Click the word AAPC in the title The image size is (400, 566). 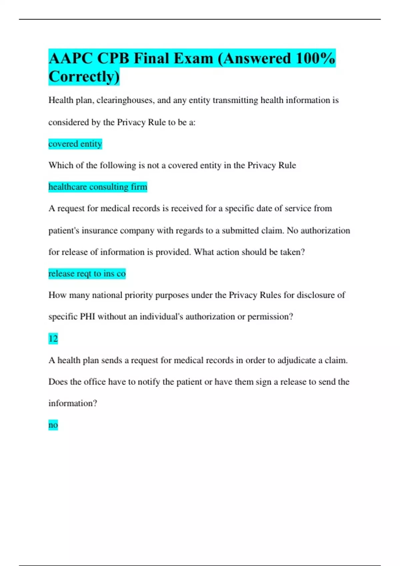70,59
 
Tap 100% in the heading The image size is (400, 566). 315,59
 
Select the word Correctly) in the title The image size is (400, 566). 84,77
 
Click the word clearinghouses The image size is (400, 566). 125,100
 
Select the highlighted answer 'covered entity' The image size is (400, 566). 75,144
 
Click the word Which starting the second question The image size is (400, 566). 61,165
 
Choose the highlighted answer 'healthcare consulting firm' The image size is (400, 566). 98,187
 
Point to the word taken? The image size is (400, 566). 292,252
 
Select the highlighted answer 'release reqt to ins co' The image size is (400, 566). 87,274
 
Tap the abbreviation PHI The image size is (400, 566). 88,317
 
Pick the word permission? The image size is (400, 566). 270,317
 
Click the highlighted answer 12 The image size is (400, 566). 53,339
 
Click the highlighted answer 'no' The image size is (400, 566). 53,425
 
